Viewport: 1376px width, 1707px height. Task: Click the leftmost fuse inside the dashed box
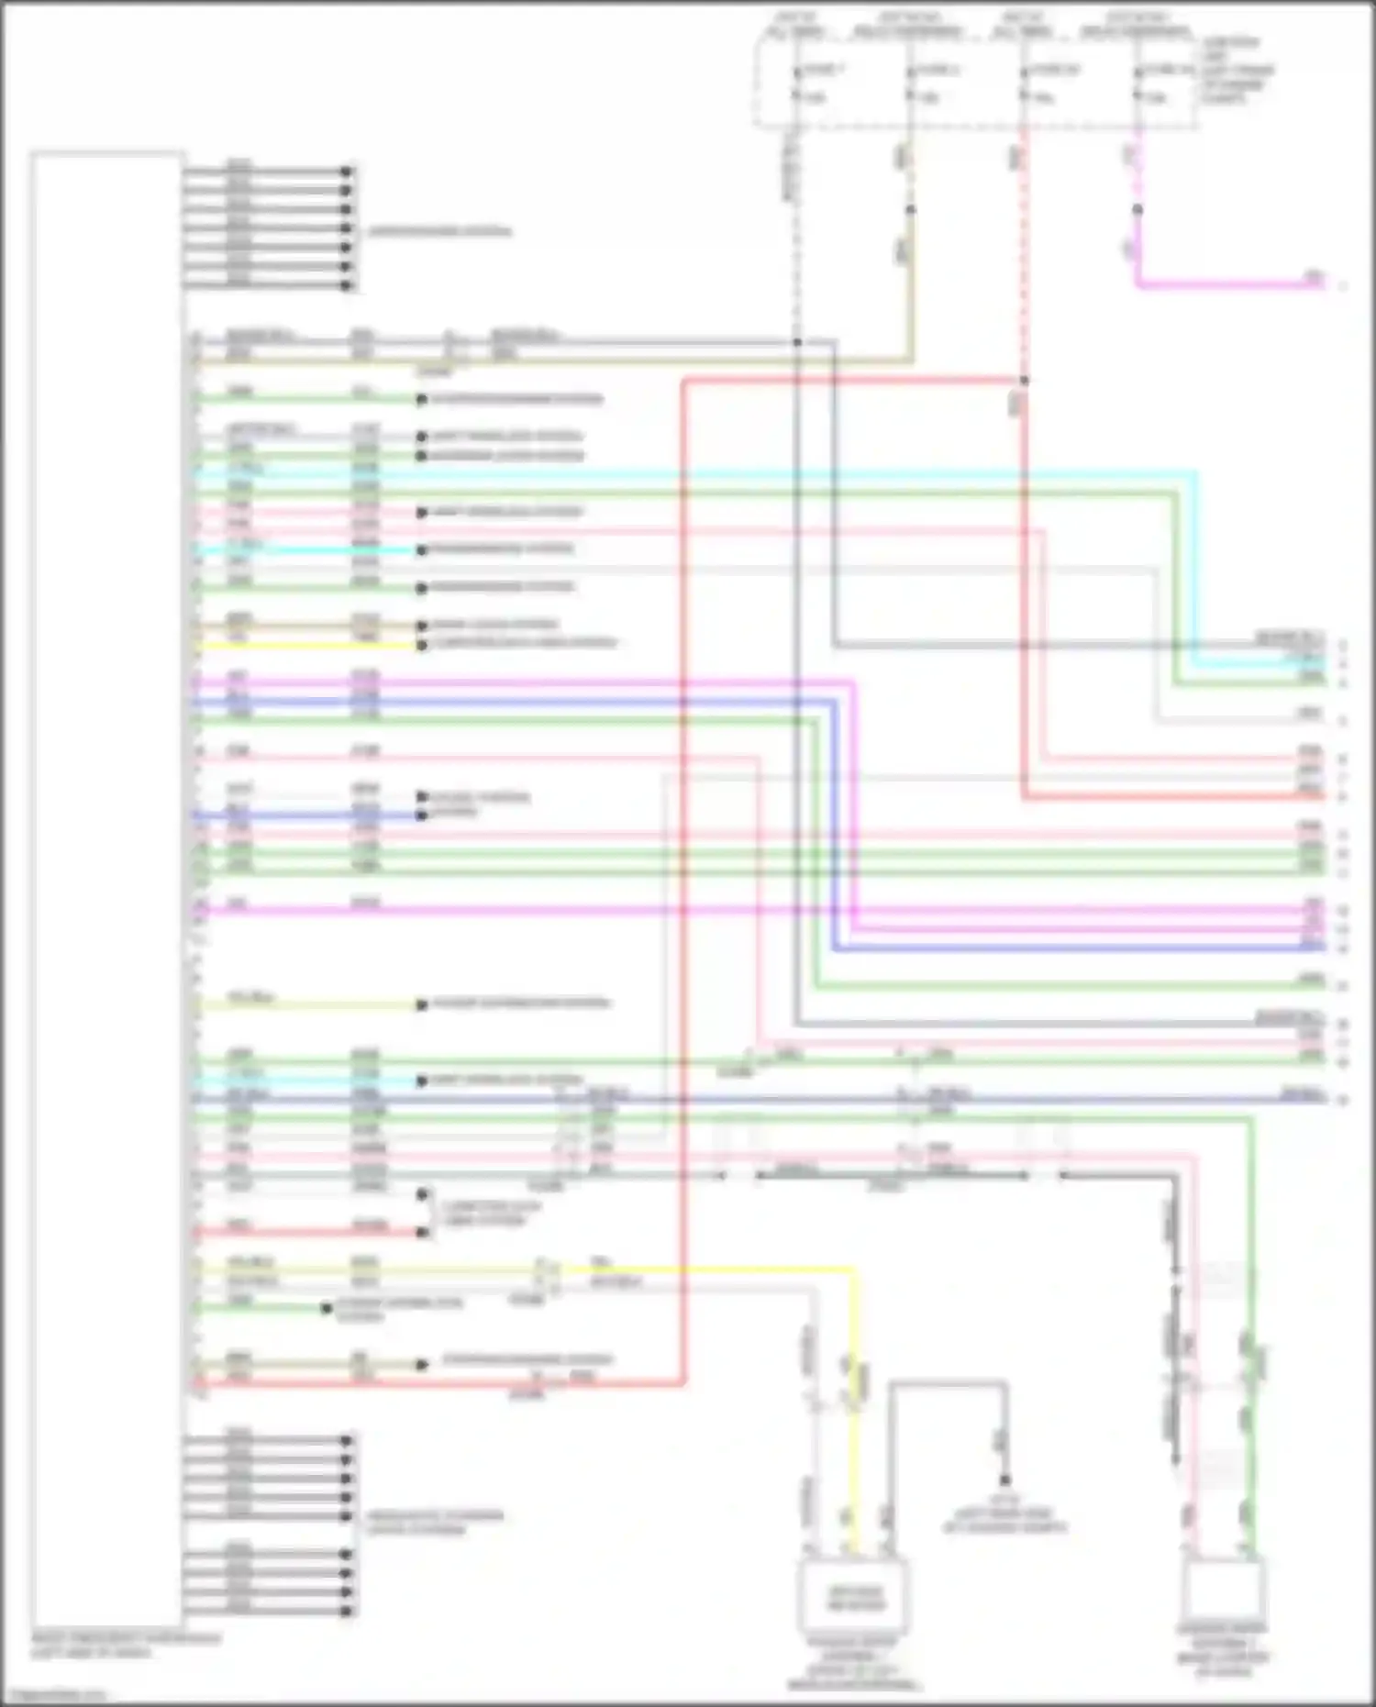click(x=796, y=83)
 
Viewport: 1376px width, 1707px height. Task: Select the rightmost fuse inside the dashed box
click(x=1137, y=83)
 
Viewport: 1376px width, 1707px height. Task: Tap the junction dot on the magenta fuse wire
click(x=1137, y=210)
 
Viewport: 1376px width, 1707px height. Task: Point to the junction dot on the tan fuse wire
click(x=910, y=210)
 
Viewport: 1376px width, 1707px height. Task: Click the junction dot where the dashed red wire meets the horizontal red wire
click(x=1024, y=380)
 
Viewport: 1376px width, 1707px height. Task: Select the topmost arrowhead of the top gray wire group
click(x=347, y=172)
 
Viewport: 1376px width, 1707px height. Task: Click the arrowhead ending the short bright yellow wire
click(x=422, y=646)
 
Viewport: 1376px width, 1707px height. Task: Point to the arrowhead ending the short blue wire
click(x=422, y=815)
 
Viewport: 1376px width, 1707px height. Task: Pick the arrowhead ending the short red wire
click(x=422, y=1232)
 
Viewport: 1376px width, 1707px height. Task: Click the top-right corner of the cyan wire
click(x=1194, y=473)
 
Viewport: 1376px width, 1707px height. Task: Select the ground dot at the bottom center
click(x=1004, y=1480)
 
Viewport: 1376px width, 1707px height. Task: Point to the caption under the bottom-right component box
click(x=1223, y=1651)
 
